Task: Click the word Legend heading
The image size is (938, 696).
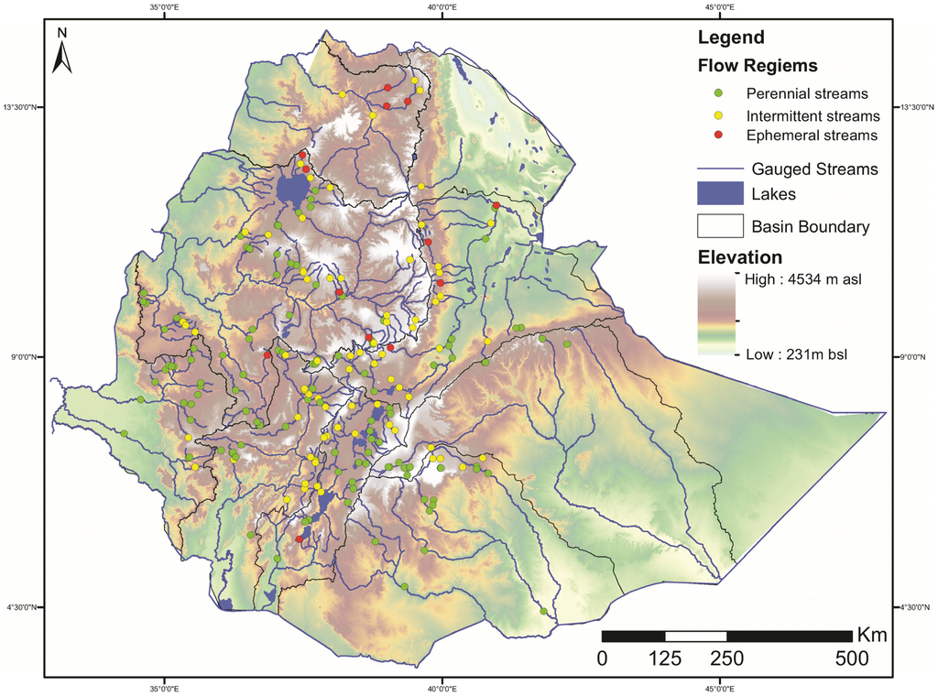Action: [730, 38]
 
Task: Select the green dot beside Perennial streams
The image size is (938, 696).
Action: [719, 93]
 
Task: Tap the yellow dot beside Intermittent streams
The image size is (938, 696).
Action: [719, 115]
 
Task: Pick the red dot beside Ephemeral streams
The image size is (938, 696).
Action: [719, 136]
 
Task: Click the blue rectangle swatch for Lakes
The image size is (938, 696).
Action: [719, 193]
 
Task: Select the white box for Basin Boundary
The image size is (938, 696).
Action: [719, 226]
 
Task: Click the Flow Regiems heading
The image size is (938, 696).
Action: [758, 66]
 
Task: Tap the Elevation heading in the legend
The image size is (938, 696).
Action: [740, 256]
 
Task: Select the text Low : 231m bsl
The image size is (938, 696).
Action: [796, 353]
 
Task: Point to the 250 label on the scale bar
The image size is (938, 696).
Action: [726, 658]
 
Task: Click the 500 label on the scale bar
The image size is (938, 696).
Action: [852, 658]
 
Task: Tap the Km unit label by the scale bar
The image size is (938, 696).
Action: [871, 635]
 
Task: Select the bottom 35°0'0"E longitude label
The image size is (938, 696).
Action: [164, 688]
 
